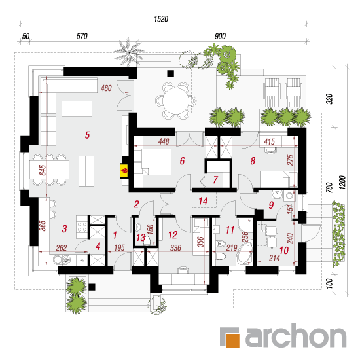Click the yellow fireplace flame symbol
[x=124, y=171]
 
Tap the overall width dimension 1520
[x=161, y=19]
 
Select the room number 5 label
[x=87, y=135]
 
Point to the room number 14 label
[x=203, y=201]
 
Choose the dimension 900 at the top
[x=220, y=36]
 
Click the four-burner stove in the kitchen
[x=82, y=227]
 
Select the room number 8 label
[x=253, y=161]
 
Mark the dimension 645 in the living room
[x=43, y=170]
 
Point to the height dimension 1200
[x=342, y=183]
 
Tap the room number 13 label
[x=141, y=238]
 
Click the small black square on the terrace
[x=170, y=73]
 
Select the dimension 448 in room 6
[x=164, y=141]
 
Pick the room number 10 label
[x=284, y=251]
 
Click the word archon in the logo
[x=296, y=336]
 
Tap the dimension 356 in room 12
[x=200, y=242]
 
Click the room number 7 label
[x=215, y=180]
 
